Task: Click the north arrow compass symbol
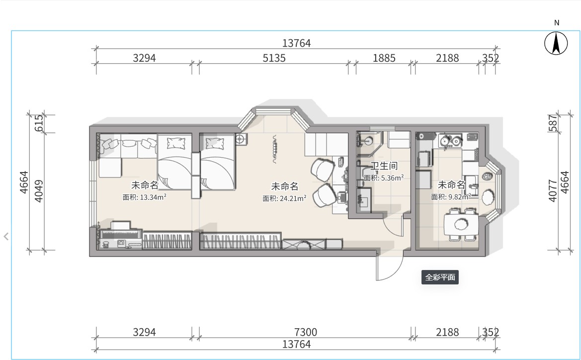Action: [556, 43]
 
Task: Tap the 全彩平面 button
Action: [440, 277]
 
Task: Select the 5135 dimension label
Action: [274, 58]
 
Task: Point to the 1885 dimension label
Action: [384, 58]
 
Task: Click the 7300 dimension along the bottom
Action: [305, 332]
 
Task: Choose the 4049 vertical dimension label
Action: [39, 191]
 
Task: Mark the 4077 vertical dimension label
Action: [553, 190]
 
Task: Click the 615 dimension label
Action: [39, 123]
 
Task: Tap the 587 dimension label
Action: [553, 123]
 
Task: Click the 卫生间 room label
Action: [384, 166]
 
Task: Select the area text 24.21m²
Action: [293, 198]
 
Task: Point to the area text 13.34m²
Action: [153, 197]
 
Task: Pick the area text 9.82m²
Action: [460, 197]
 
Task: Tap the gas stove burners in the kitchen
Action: [451, 141]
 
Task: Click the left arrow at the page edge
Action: [6, 236]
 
